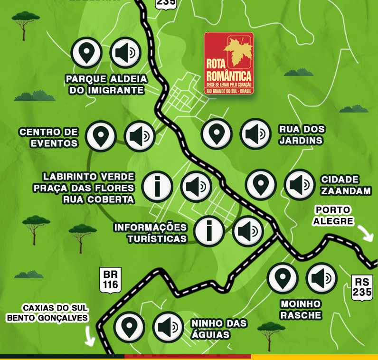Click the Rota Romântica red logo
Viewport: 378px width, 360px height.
(x=228, y=63)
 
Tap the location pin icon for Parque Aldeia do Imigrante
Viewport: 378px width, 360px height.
(x=86, y=53)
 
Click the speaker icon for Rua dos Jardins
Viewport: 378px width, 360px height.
(x=255, y=134)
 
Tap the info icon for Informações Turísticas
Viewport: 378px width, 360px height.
(x=209, y=231)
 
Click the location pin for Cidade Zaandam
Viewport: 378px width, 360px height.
(x=261, y=184)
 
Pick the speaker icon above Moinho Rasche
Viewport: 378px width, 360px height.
(x=321, y=278)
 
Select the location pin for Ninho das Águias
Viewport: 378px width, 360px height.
(x=129, y=327)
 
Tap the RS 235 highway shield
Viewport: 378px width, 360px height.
(x=362, y=287)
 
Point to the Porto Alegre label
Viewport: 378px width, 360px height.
(x=333, y=215)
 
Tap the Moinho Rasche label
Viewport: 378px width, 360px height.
(x=301, y=309)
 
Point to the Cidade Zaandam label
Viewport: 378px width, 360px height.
(x=346, y=185)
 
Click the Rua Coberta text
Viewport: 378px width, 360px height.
(x=98, y=199)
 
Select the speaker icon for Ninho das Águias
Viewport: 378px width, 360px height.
(x=168, y=327)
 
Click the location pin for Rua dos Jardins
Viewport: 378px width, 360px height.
(x=217, y=134)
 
